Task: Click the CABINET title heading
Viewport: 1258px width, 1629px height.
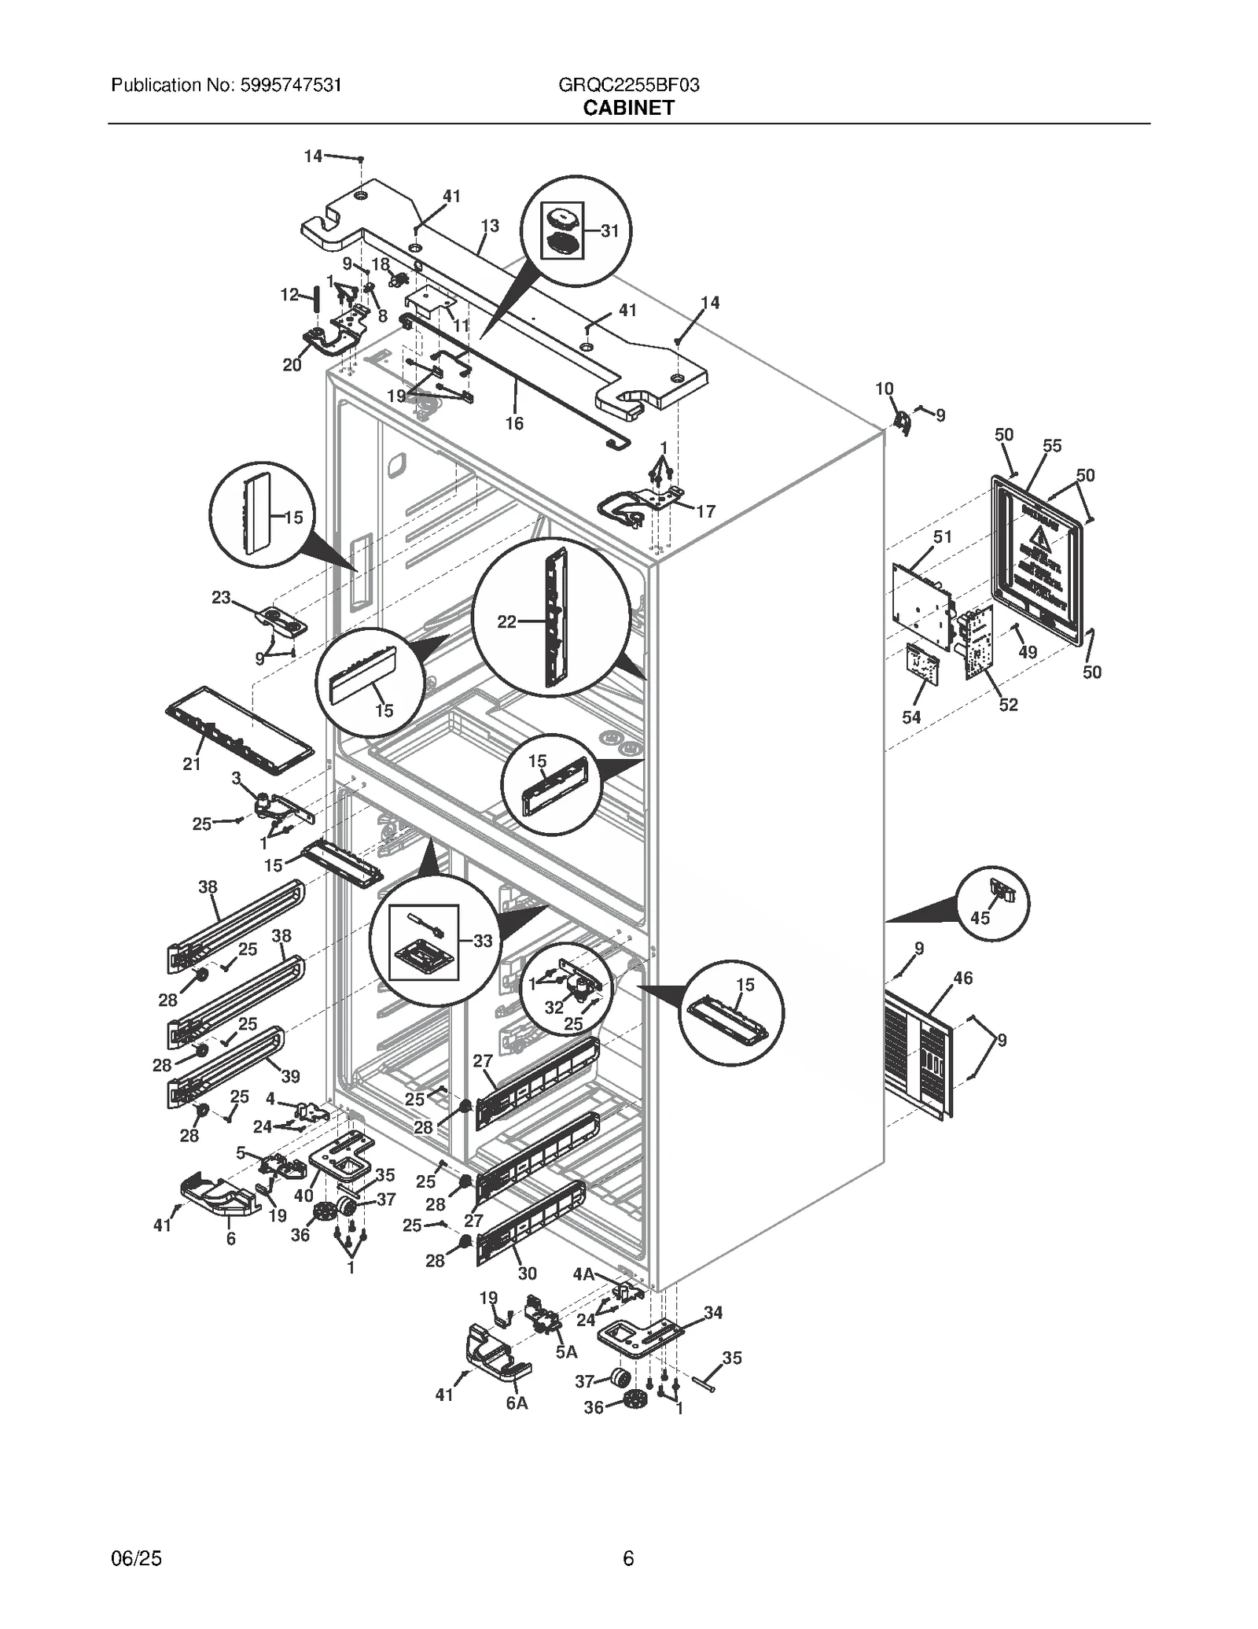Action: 628,108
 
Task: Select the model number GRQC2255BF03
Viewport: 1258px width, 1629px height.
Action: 628,85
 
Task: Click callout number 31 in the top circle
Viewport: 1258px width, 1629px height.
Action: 609,230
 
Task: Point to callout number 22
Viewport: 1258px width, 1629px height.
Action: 507,621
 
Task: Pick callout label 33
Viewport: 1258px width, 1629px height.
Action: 482,941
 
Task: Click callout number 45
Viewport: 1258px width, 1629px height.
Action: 980,918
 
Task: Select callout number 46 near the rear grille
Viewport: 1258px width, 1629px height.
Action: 962,978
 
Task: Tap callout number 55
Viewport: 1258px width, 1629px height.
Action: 1051,446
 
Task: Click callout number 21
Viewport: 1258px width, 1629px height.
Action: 192,763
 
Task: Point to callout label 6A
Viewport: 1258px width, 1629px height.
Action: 517,1402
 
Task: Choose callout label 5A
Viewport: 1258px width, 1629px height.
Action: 566,1351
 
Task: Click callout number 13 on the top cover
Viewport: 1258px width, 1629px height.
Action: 489,226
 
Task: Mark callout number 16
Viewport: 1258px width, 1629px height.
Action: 513,423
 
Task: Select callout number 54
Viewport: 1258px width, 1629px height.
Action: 911,717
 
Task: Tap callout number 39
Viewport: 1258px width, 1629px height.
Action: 290,1076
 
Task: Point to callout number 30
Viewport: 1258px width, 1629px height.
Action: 527,1273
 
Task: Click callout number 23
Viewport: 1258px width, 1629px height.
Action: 221,597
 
